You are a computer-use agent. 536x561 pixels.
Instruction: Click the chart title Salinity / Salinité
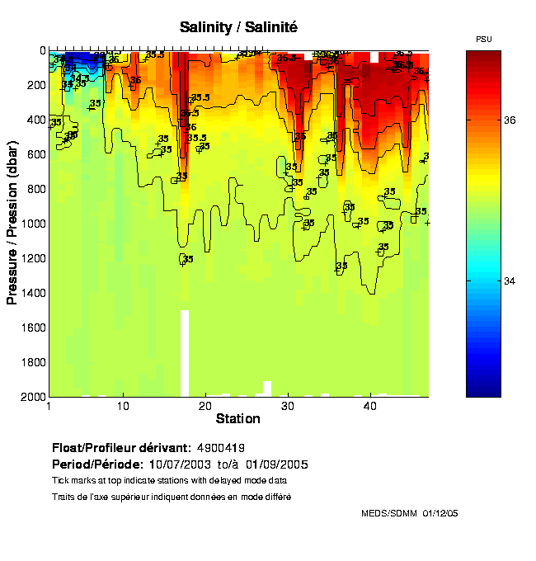238,27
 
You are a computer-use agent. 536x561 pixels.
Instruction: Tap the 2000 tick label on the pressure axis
33,396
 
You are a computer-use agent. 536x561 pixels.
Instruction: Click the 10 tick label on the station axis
123,407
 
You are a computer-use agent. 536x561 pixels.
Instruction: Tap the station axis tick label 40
370,407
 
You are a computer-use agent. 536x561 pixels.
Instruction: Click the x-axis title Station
238,420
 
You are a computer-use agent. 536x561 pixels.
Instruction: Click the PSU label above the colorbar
484,40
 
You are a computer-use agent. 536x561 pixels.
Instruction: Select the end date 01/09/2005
279,464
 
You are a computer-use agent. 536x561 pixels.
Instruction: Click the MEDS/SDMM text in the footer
390,513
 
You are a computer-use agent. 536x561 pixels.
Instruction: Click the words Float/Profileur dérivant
121,446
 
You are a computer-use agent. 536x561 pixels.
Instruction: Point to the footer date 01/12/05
440,513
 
